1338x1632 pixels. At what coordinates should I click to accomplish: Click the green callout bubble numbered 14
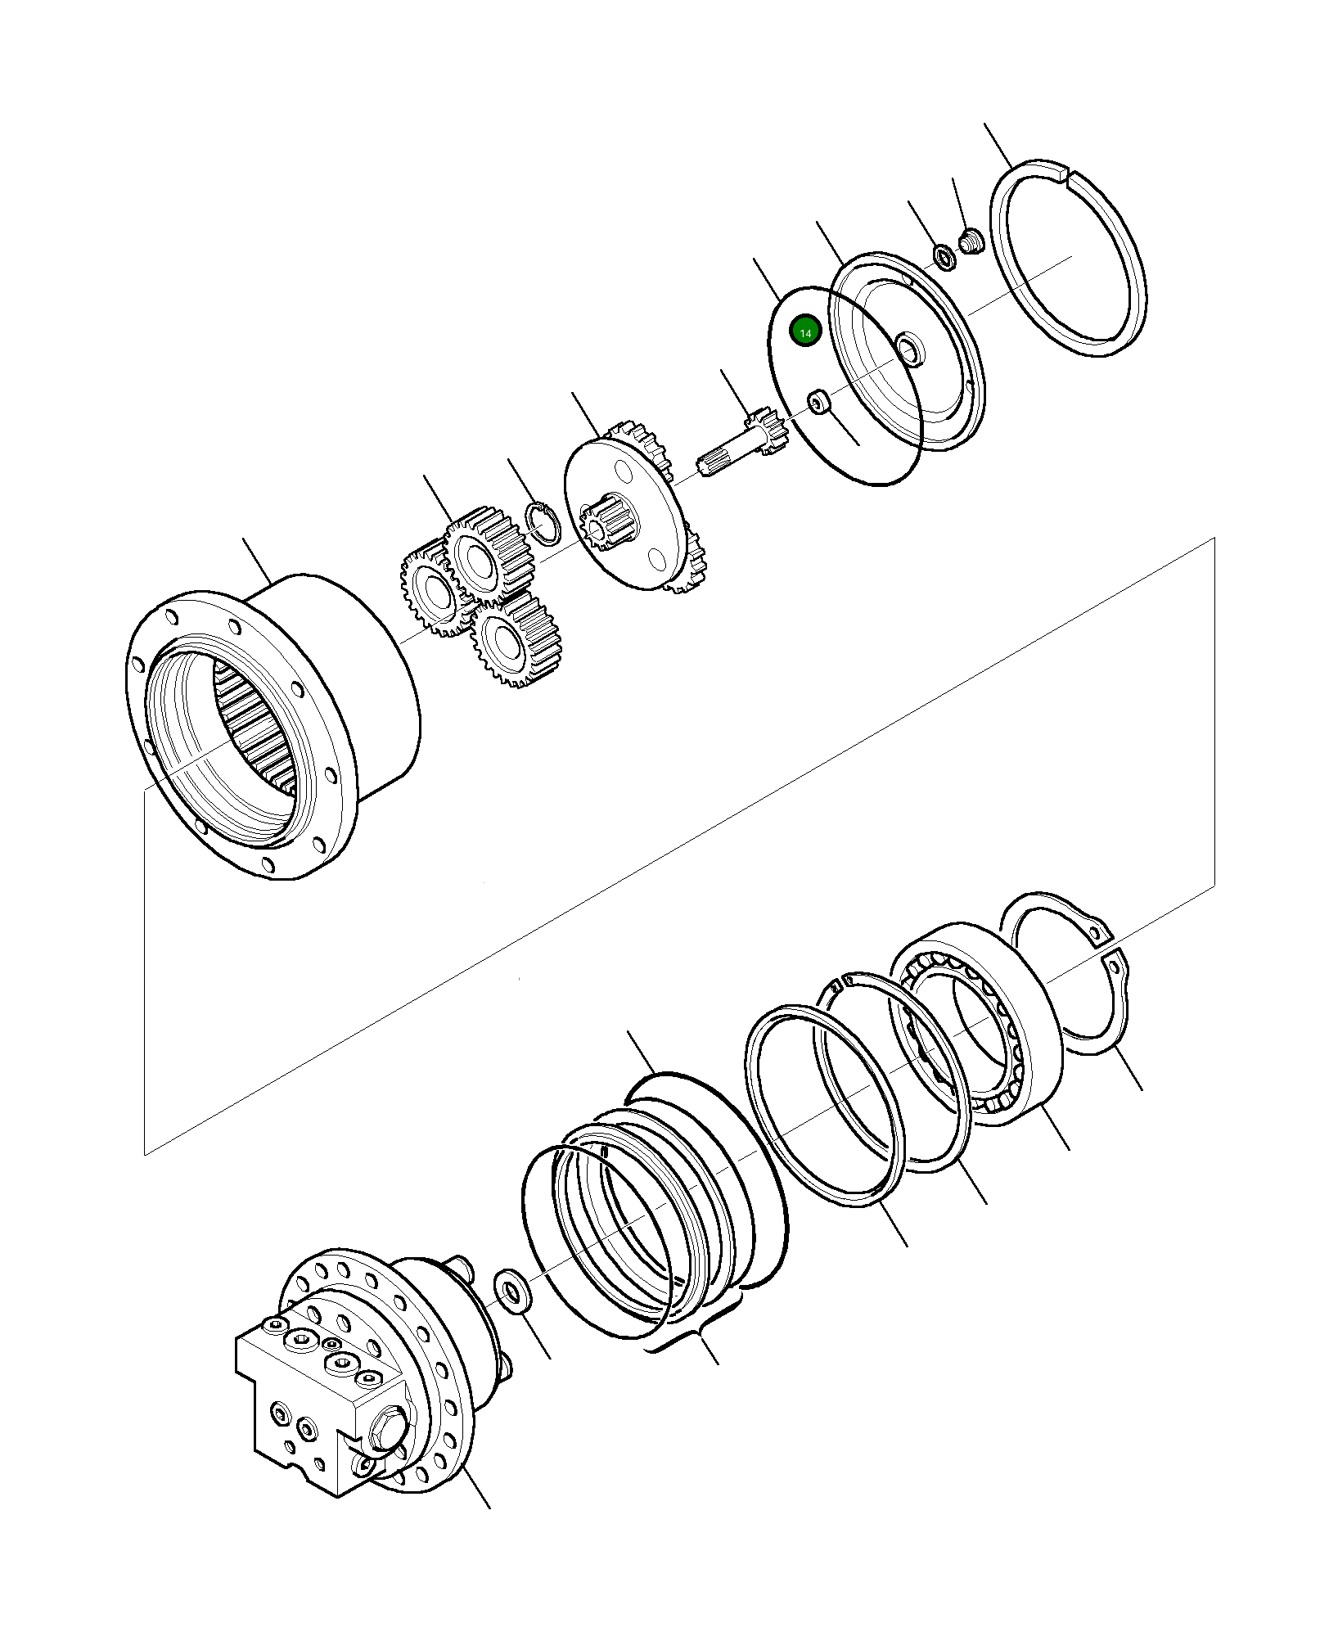[805, 331]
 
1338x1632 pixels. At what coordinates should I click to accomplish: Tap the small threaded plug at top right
[971, 242]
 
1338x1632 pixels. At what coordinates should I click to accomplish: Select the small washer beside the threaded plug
[944, 257]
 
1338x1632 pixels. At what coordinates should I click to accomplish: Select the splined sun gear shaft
[741, 446]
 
